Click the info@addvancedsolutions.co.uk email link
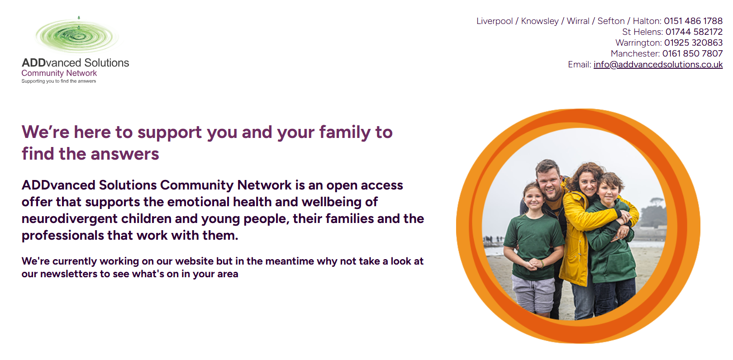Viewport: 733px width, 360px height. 658,64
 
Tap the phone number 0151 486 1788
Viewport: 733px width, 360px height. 693,21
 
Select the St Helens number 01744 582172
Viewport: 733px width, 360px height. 694,32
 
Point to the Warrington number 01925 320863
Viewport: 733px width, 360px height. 693,43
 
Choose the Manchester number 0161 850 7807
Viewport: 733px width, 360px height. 692,53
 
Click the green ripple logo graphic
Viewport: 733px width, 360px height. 77,35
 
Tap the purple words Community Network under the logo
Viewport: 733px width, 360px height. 59,73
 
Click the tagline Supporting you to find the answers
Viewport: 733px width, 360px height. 59,81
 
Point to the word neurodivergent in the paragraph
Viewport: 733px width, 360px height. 69,219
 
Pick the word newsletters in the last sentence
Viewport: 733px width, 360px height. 68,274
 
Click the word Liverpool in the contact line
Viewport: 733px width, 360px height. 495,21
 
